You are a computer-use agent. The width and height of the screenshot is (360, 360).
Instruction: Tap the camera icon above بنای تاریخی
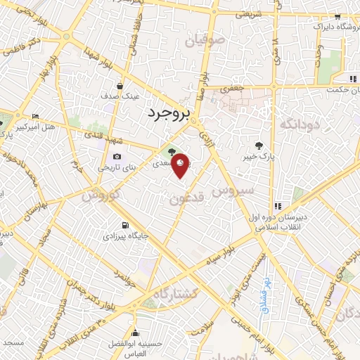[116, 157]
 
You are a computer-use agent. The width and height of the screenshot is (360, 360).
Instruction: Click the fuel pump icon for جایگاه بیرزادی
[125, 226]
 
